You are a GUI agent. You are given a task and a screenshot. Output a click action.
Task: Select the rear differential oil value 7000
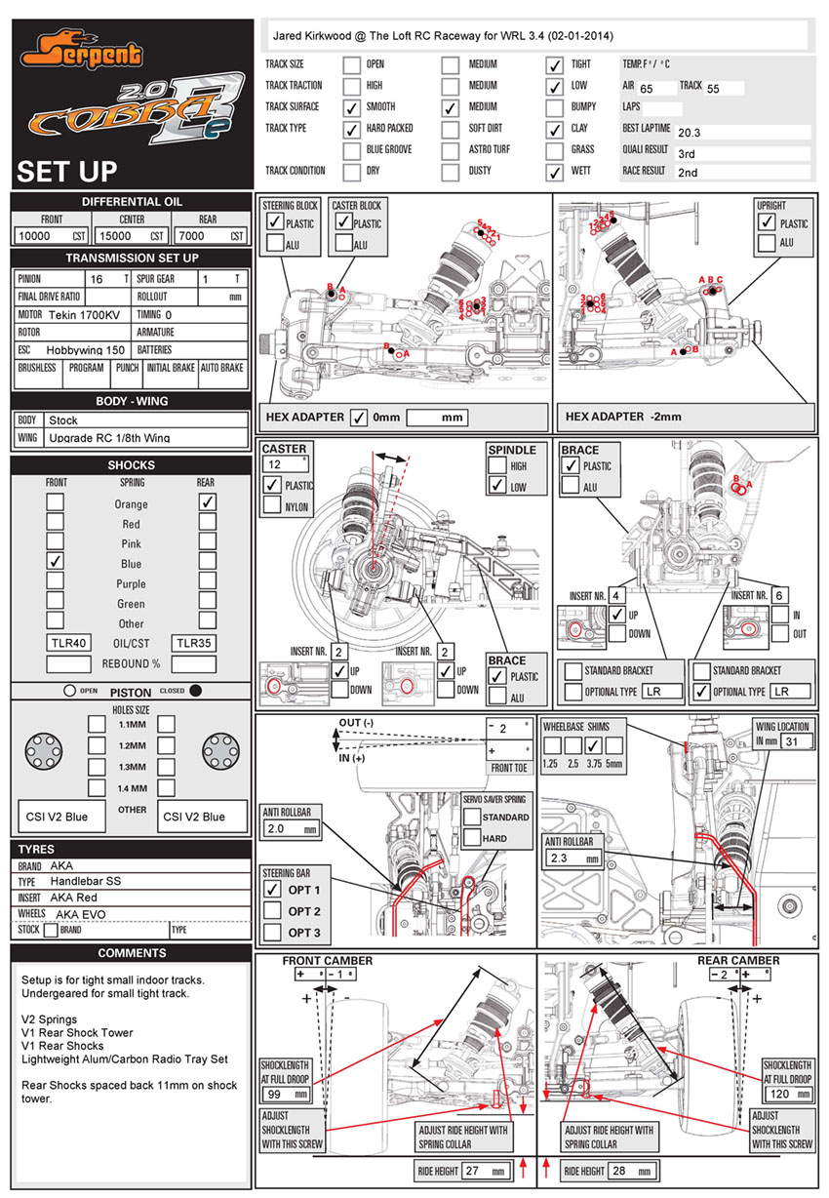(191, 236)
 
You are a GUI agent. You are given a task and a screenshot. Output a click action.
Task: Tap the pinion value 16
(96, 278)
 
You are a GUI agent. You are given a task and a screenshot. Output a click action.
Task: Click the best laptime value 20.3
(689, 132)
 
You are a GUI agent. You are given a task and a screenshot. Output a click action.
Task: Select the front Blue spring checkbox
(57, 562)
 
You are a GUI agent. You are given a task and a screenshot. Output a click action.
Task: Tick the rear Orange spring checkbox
(207, 502)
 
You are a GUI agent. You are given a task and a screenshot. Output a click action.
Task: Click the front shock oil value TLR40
(68, 643)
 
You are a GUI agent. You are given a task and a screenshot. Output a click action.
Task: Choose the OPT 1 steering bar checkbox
(272, 890)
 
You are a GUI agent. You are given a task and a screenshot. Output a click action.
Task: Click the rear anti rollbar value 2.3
(559, 859)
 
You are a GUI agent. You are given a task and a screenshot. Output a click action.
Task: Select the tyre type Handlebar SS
(85, 881)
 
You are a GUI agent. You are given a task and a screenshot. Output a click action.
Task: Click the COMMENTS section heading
(132, 952)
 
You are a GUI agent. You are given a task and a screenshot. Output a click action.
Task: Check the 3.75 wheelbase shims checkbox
(591, 745)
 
